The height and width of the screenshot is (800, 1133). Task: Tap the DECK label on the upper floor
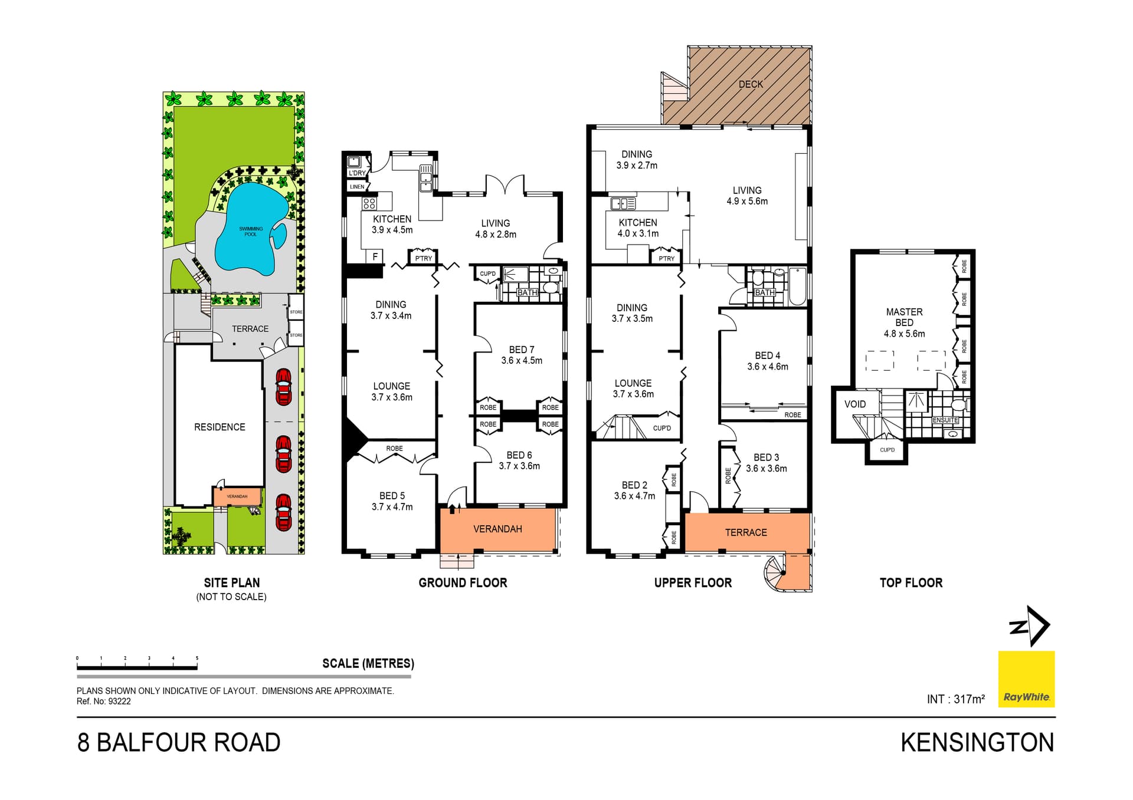751,84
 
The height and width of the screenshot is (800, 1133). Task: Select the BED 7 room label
522,350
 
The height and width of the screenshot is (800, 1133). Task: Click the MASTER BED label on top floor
904,317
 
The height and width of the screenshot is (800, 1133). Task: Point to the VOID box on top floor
855,404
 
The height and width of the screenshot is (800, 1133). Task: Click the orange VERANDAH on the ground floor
497,529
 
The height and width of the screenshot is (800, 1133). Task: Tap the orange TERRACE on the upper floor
746,533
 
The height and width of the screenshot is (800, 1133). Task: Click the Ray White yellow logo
1026,679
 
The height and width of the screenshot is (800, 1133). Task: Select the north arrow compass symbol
1030,627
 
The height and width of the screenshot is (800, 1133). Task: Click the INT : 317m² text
955,699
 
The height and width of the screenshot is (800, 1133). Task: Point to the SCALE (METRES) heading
368,664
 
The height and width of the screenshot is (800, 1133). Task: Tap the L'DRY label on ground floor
357,173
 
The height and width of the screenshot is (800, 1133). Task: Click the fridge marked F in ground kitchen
375,256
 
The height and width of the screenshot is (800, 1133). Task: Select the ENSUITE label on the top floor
945,420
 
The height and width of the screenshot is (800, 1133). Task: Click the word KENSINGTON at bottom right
977,743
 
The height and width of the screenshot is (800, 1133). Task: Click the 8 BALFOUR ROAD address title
179,743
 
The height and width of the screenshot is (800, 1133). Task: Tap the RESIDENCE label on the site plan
220,427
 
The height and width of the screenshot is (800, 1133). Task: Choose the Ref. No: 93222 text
104,702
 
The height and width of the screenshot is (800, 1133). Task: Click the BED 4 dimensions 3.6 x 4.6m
767,367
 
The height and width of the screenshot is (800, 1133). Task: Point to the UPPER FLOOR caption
693,583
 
